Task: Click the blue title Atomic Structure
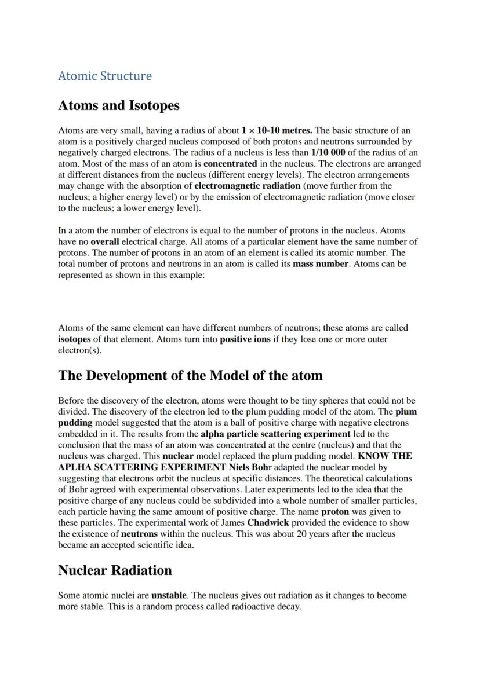coord(105,76)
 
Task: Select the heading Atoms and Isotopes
coord(119,105)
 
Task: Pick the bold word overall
coord(105,241)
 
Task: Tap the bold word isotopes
coord(74,339)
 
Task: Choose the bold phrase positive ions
coord(245,339)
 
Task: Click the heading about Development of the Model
coord(190,375)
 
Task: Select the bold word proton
coord(335,512)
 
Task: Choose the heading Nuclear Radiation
coord(115,570)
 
